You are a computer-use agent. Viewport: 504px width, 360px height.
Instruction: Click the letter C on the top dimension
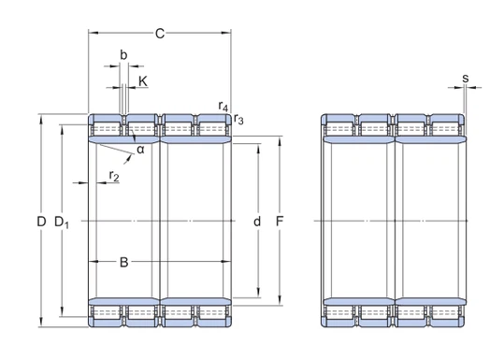click(160, 35)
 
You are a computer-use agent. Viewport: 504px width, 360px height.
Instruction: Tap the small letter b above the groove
click(123, 55)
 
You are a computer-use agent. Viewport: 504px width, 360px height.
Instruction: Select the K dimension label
click(143, 81)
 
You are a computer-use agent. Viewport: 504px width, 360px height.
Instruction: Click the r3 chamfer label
click(239, 119)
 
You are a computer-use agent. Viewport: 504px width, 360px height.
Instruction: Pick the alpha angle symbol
click(139, 149)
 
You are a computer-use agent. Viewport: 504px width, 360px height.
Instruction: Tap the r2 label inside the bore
click(114, 175)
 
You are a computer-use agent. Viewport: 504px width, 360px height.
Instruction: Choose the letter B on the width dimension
click(123, 262)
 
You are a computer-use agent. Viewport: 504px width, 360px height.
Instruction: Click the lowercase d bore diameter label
click(257, 222)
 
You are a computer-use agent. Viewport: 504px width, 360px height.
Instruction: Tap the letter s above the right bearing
click(465, 78)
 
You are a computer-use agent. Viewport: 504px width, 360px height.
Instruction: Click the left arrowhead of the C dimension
click(92, 35)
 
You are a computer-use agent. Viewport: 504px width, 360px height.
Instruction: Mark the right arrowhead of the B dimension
click(228, 262)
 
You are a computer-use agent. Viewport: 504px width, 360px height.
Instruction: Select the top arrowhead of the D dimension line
click(40, 118)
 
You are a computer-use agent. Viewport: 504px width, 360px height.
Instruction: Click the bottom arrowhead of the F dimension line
click(279, 302)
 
